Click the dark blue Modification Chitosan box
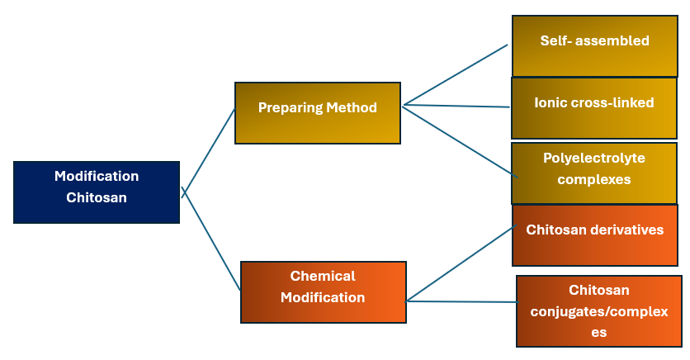[97, 192]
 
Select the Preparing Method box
[318, 113]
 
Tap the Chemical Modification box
[323, 291]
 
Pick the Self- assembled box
[594, 45]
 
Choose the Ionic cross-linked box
[594, 107]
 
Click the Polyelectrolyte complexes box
[594, 173]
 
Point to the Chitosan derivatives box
[594, 235]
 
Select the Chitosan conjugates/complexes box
[598, 310]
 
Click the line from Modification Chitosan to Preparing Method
[208, 151]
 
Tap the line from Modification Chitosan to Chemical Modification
[211, 242]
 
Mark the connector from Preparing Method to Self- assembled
[455, 75]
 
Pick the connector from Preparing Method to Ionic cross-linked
[456, 107]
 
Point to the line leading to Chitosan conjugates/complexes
[461, 301]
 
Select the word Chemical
[323, 276]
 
